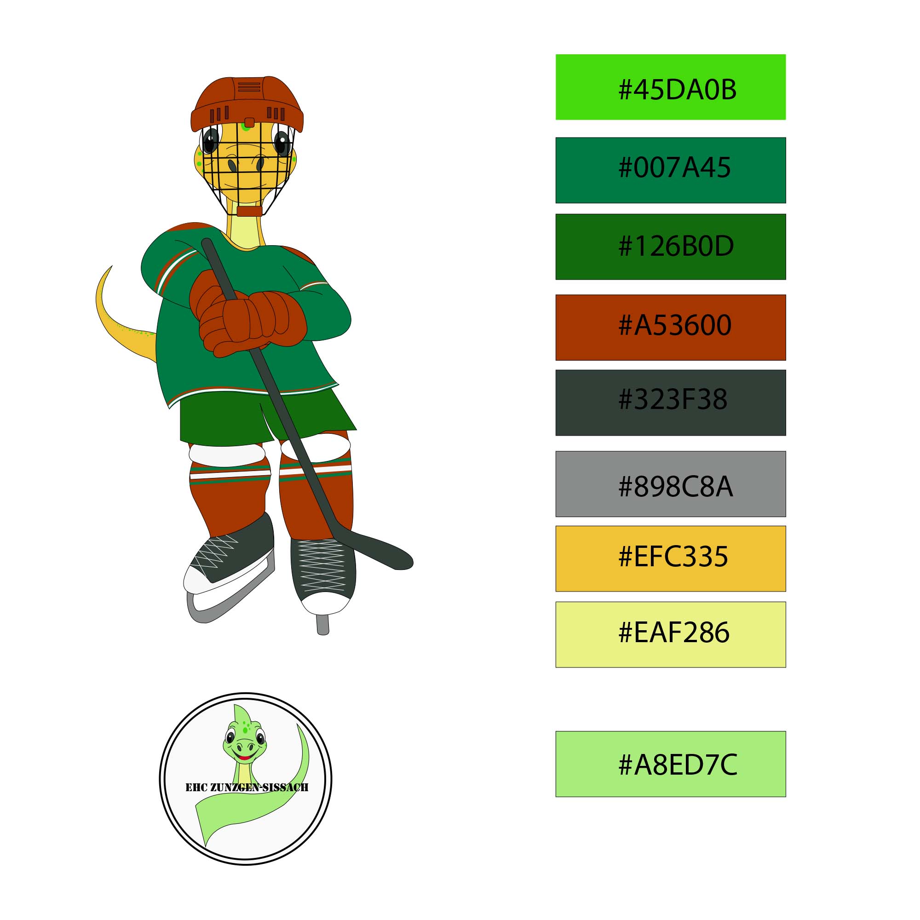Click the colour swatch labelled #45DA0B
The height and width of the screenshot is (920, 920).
coord(671,87)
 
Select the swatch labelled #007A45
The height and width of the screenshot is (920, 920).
coord(671,170)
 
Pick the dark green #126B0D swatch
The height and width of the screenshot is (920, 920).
coord(671,247)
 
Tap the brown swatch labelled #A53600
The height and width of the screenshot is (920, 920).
coord(671,328)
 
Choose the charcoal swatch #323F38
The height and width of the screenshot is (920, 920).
coord(671,403)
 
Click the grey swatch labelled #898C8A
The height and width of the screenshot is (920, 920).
coord(671,484)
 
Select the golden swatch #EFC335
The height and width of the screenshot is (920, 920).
coord(671,558)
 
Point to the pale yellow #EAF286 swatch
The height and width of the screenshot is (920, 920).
coord(671,635)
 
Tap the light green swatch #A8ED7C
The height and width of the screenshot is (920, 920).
coord(671,764)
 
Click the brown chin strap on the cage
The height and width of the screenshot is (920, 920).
coord(249,212)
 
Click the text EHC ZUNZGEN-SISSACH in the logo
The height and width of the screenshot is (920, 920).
coord(247,787)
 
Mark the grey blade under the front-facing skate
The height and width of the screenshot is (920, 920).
coord(323,624)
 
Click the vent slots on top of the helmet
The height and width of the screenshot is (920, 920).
coord(249,87)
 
